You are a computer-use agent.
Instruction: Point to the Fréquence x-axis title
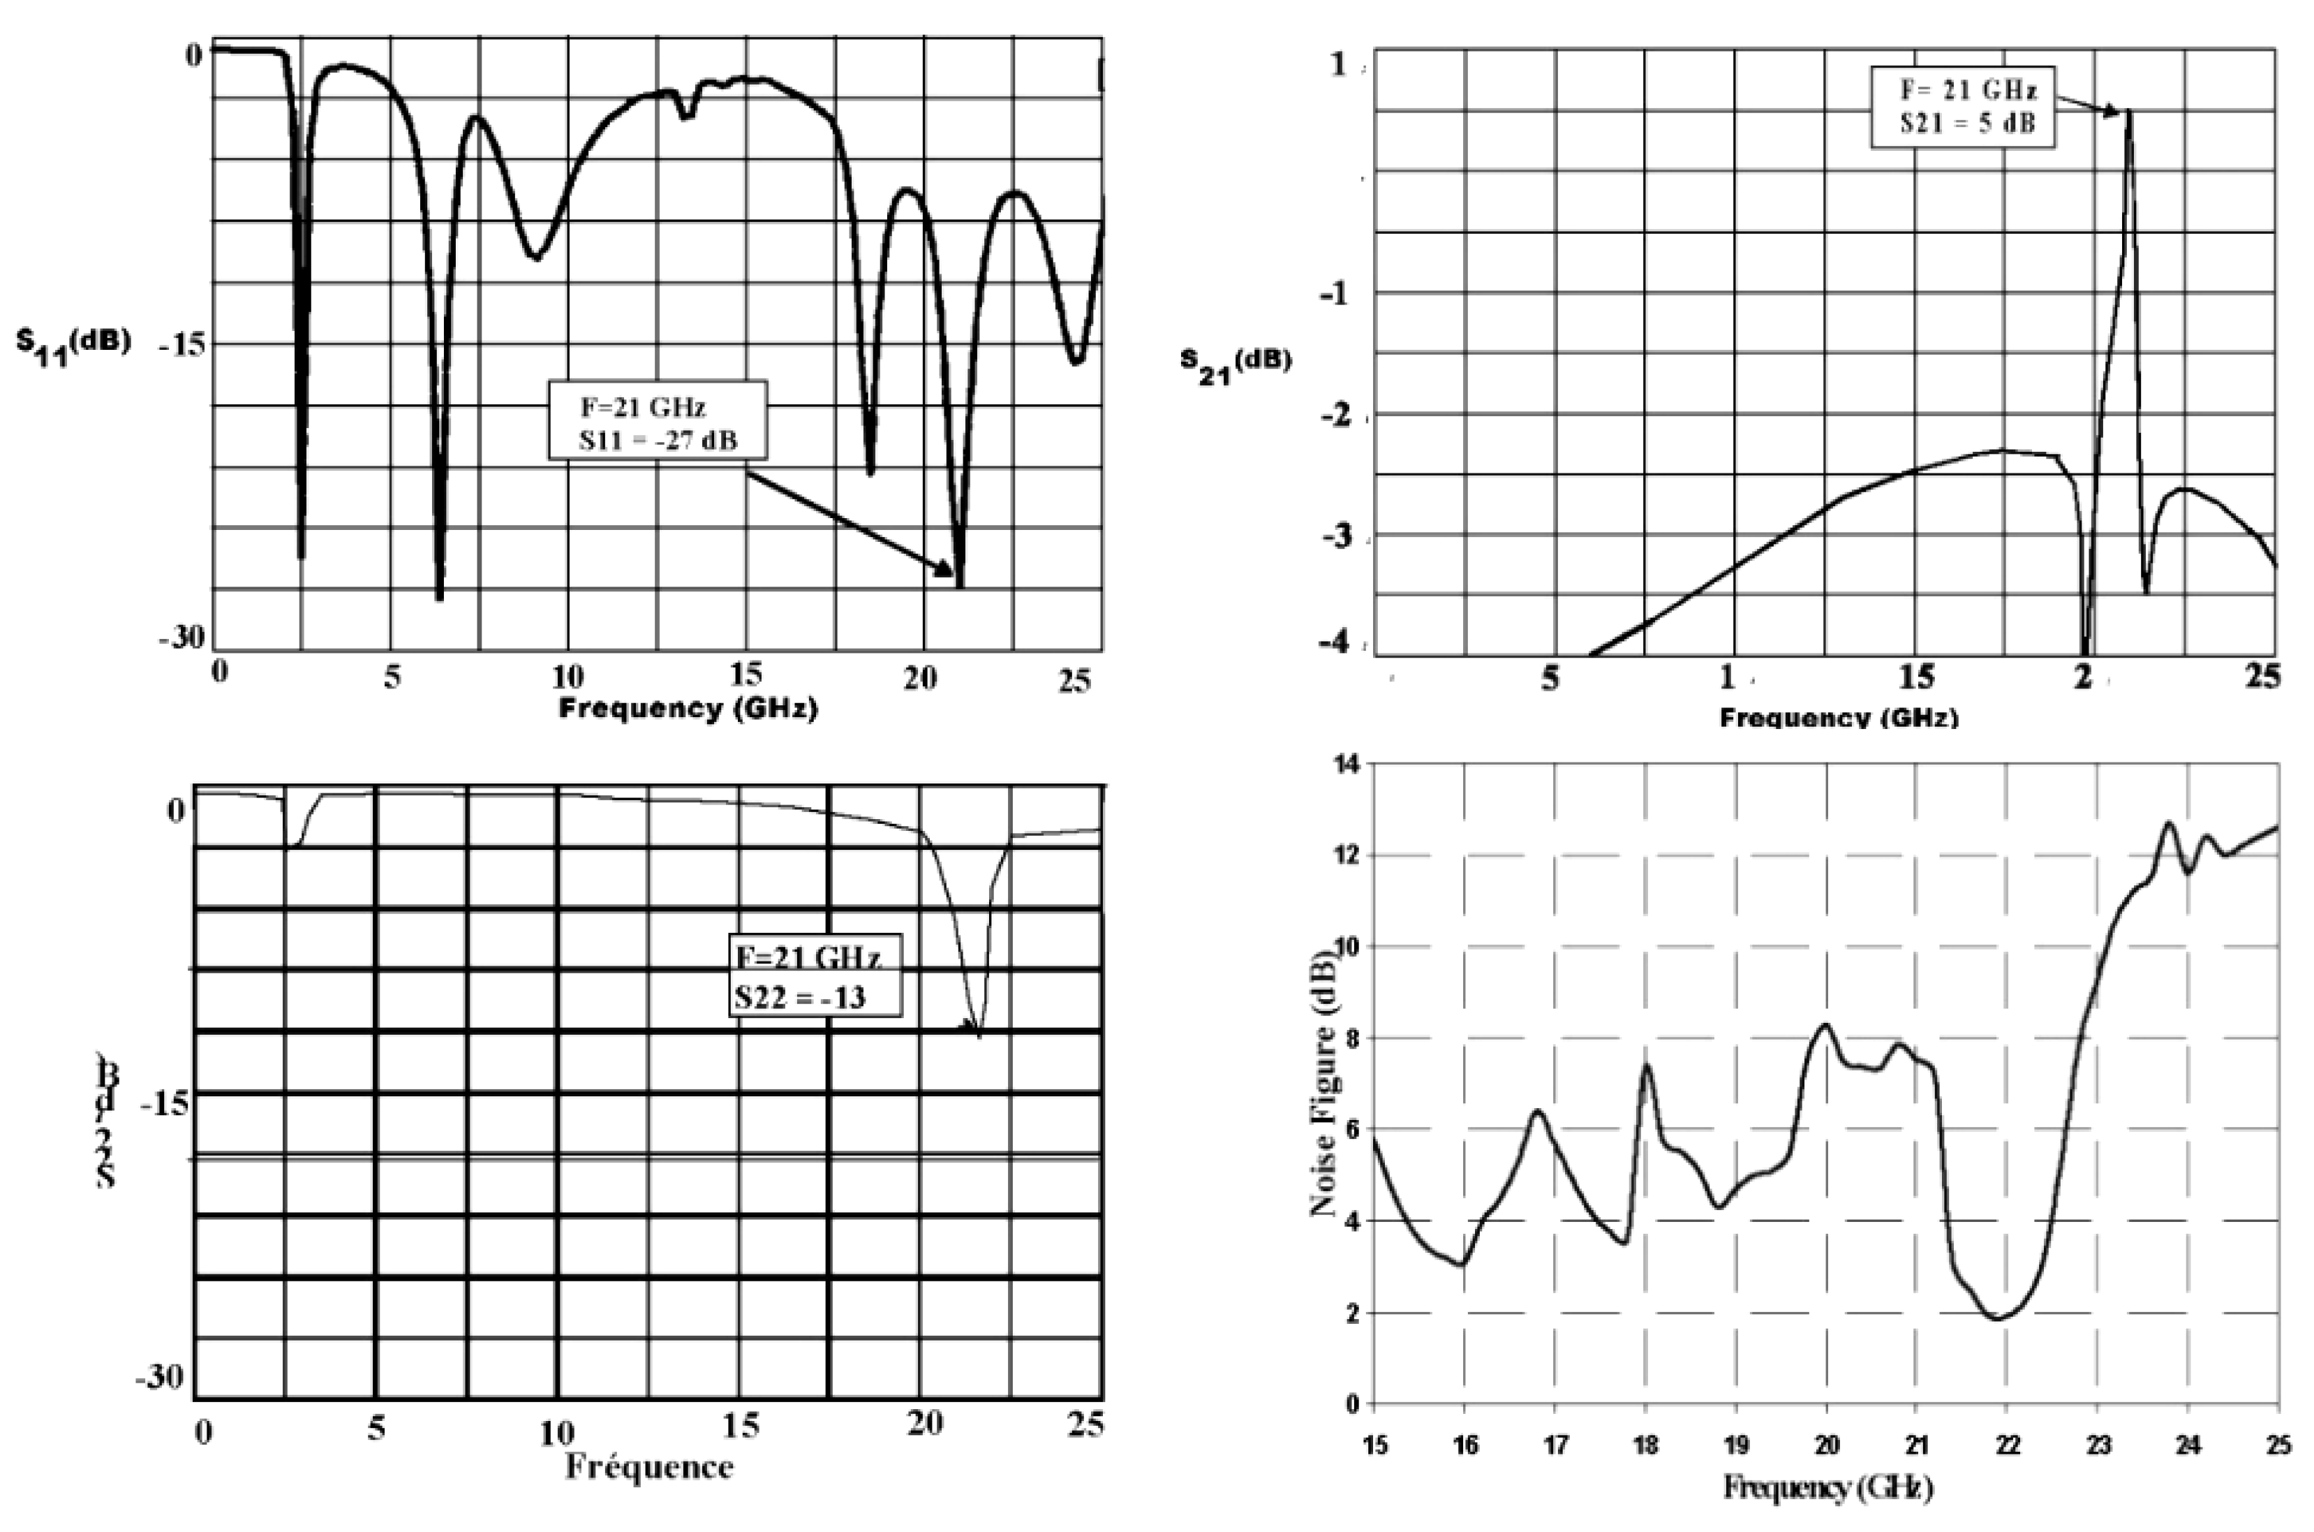(x=648, y=1468)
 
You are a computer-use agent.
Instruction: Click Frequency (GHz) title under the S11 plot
(x=688, y=707)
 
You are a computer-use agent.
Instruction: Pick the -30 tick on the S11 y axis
(x=181, y=637)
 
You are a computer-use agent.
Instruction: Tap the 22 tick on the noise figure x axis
(x=2006, y=1444)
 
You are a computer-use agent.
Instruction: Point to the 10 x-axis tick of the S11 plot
(x=567, y=676)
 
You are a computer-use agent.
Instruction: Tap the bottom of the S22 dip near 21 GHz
(x=978, y=1036)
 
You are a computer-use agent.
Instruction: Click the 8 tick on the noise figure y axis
(x=1352, y=1038)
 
